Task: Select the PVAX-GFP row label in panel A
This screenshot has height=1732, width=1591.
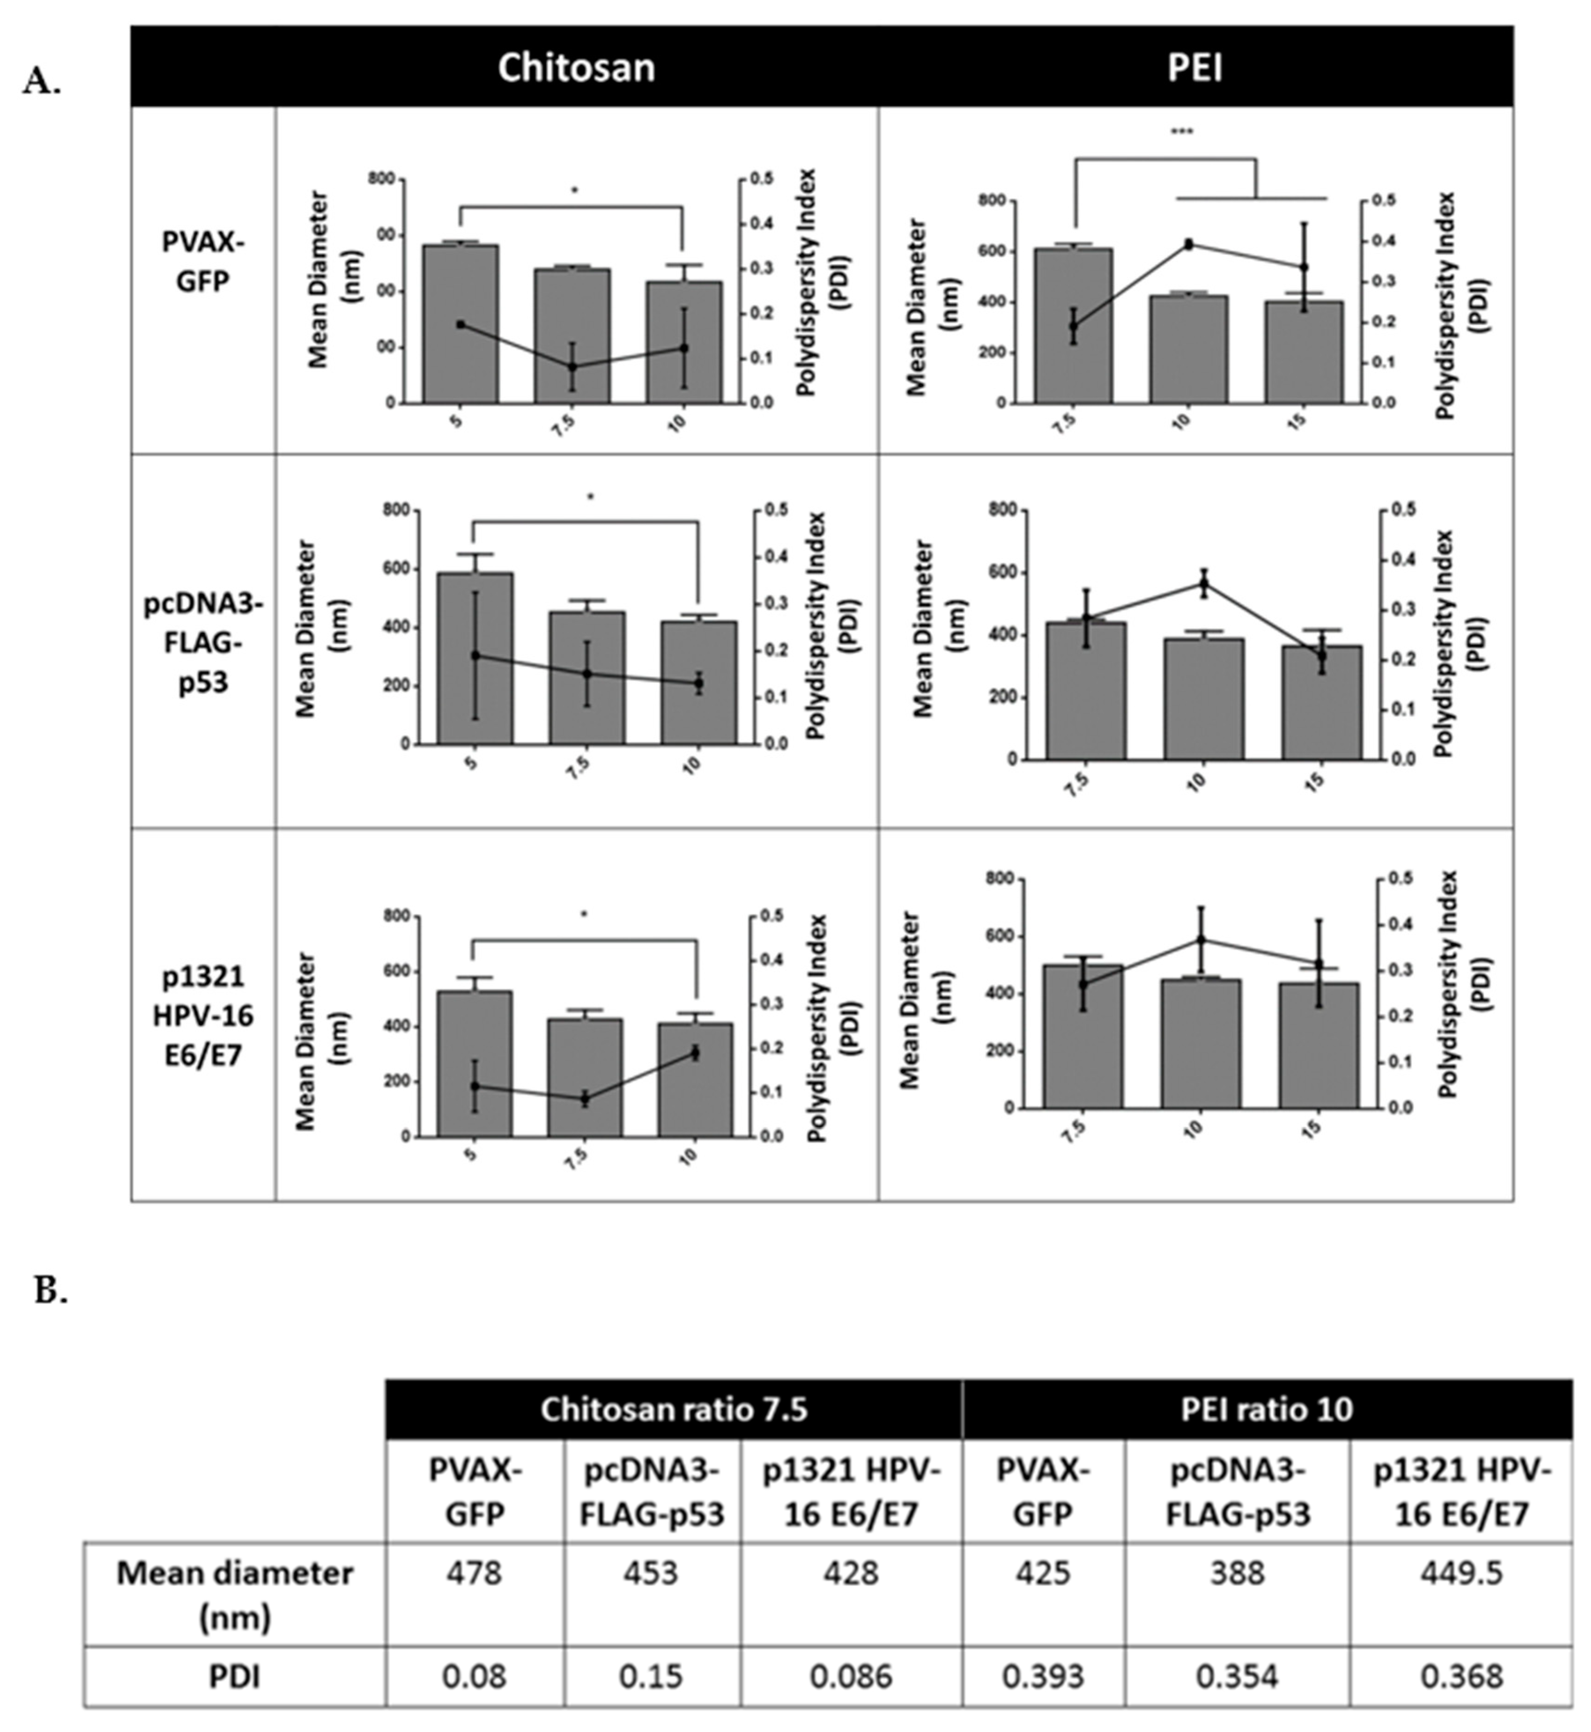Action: pyautogui.click(x=203, y=261)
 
